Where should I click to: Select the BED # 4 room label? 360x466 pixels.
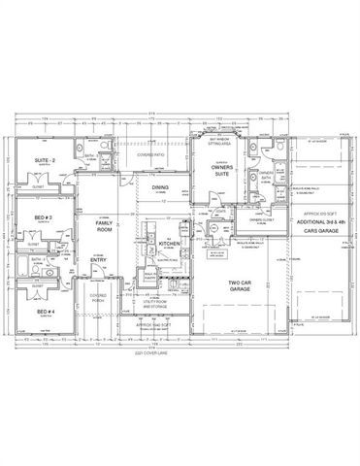point(46,313)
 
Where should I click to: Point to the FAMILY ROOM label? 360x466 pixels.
point(104,228)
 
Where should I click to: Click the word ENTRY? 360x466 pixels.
point(99,260)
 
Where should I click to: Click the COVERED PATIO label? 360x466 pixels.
point(150,154)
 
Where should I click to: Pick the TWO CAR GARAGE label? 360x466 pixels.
point(240,286)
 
